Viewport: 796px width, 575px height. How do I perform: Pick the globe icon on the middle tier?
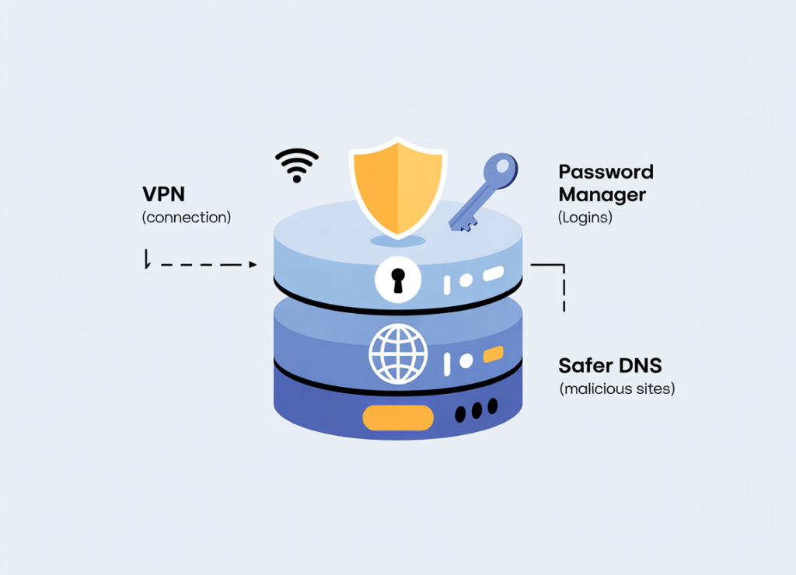pyautogui.click(x=398, y=354)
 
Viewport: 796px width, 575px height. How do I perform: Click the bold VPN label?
pyautogui.click(x=164, y=194)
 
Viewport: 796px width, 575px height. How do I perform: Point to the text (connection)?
pyautogui.click(x=187, y=218)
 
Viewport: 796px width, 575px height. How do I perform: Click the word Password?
pyautogui.click(x=606, y=172)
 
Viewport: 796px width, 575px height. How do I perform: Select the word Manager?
pyautogui.click(x=602, y=194)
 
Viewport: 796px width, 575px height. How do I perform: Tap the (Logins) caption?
pyautogui.click(x=585, y=218)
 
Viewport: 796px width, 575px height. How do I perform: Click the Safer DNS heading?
pyautogui.click(x=610, y=365)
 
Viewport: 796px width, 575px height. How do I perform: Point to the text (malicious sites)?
pyautogui.click(x=617, y=388)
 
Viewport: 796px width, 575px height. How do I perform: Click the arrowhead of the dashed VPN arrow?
pyautogui.click(x=253, y=265)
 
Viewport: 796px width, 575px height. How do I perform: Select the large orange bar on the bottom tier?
pyautogui.click(x=398, y=418)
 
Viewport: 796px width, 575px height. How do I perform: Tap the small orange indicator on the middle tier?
pyautogui.click(x=494, y=356)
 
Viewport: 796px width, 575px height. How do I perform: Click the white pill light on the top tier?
pyautogui.click(x=493, y=274)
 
